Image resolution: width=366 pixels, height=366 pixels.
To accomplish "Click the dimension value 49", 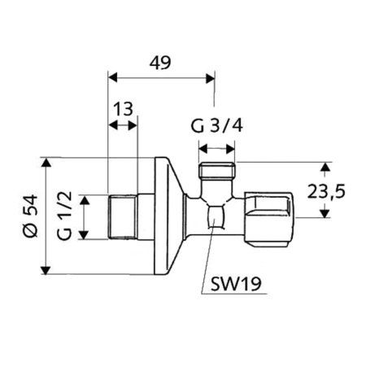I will tap(160, 62).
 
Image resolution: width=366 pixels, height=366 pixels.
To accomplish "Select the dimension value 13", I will tap(123, 110).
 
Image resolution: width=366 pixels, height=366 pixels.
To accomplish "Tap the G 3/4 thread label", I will tap(216, 127).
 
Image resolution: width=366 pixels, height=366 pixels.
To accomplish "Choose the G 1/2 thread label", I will tap(68, 216).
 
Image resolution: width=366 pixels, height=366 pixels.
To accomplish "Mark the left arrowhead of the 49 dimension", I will tap(113, 79).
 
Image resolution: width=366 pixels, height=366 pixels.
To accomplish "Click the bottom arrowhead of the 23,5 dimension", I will tap(325, 215).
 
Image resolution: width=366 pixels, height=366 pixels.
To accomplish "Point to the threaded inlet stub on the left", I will tap(123, 216).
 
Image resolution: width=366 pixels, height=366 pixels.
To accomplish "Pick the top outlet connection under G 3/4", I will tap(218, 173).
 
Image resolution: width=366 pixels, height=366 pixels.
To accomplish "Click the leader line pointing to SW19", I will tap(211, 252).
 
